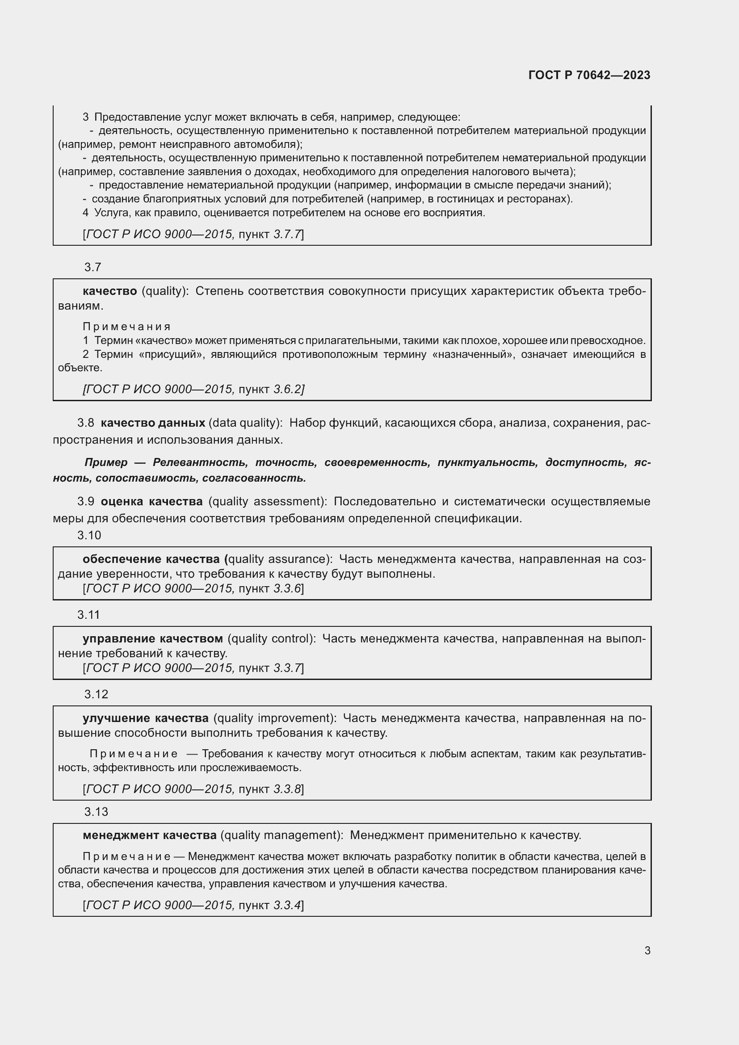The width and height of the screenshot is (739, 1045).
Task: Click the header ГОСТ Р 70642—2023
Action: click(589, 76)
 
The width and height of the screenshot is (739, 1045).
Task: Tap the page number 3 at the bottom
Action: click(647, 950)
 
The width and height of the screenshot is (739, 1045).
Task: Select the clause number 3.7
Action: click(92, 267)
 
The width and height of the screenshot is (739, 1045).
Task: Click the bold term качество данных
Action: click(153, 423)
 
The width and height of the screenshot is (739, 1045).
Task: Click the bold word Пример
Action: click(106, 462)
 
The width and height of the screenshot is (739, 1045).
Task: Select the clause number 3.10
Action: click(89, 535)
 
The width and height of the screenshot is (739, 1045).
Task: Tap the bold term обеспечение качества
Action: click(153, 559)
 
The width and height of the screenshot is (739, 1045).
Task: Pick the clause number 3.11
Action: click(88, 615)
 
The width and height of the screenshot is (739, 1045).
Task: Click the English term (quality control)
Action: click(271, 638)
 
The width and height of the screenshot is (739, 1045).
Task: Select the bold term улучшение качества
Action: click(146, 718)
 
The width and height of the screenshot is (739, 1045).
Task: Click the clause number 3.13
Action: click(96, 812)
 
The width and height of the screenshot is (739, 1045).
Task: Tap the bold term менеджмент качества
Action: click(150, 835)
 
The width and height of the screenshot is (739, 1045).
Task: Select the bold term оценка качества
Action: click(151, 502)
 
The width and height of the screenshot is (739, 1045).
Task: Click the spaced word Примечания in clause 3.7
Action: click(126, 326)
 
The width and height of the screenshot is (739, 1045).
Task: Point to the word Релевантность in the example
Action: click(200, 462)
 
